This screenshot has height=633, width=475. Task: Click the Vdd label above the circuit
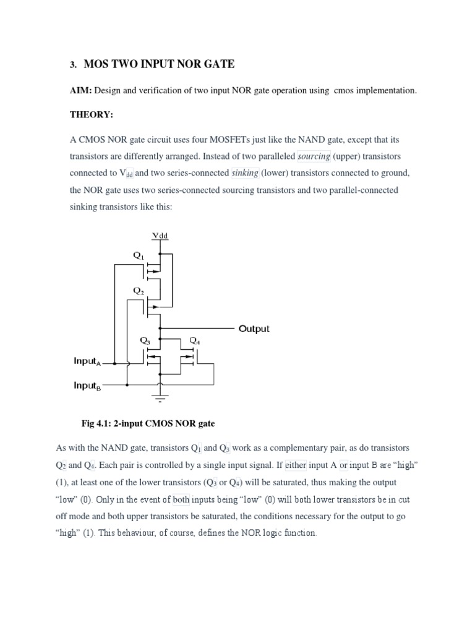pos(160,236)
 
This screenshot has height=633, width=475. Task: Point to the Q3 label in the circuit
pos(145,340)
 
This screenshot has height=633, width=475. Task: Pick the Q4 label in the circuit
pos(194,340)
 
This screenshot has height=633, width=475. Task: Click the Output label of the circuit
pos(254,328)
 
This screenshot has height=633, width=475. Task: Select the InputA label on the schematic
pos(87,362)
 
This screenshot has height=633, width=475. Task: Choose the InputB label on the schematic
pos(87,386)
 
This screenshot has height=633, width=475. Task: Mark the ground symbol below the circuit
pos(161,393)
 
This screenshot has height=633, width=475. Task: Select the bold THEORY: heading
pos(90,116)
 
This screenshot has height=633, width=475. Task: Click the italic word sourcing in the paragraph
pos(315,156)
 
